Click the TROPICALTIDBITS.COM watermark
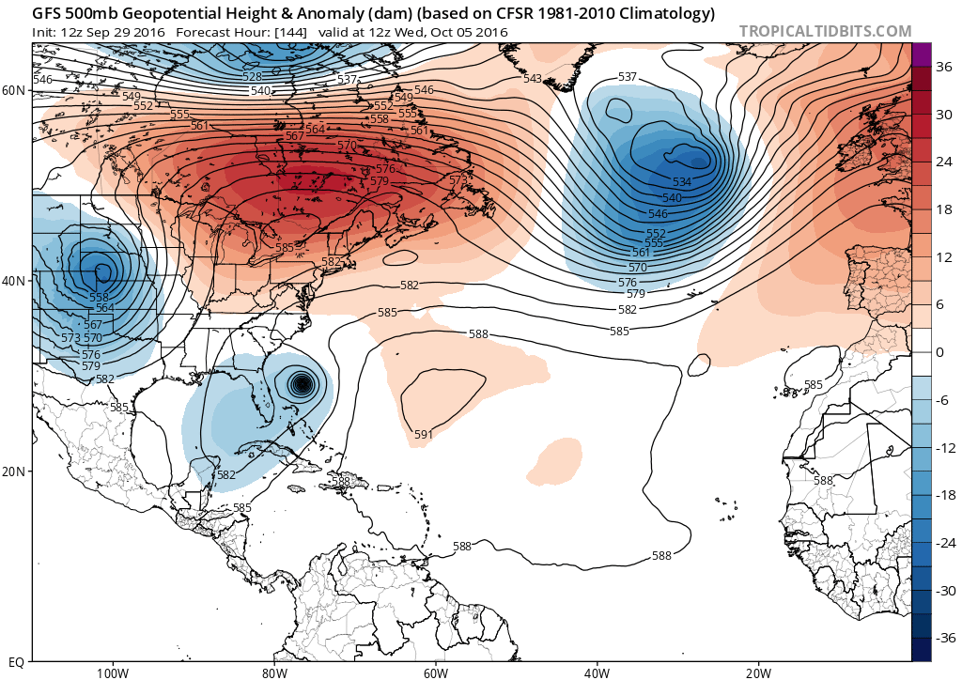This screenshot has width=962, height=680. coord(825,31)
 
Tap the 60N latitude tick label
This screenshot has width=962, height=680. coord(13,90)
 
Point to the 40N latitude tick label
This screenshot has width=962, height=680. coord(13,281)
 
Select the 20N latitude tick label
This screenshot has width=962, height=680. coord(13,471)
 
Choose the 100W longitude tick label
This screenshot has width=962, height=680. coord(112,672)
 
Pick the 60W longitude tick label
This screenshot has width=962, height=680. coord(435,672)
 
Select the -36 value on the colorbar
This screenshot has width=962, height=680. coord(942,638)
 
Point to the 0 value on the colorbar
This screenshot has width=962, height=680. coord(939,351)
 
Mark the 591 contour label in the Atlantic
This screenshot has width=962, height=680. coord(424,434)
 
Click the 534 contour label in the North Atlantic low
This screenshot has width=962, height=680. coord(682,181)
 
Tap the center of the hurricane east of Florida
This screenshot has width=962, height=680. coord(302,383)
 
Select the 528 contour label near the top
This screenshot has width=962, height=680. coord(252,77)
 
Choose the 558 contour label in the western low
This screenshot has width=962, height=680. coord(99,297)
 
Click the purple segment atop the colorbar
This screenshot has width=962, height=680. coord(921,54)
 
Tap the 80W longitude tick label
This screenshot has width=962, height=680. coord(273,672)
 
